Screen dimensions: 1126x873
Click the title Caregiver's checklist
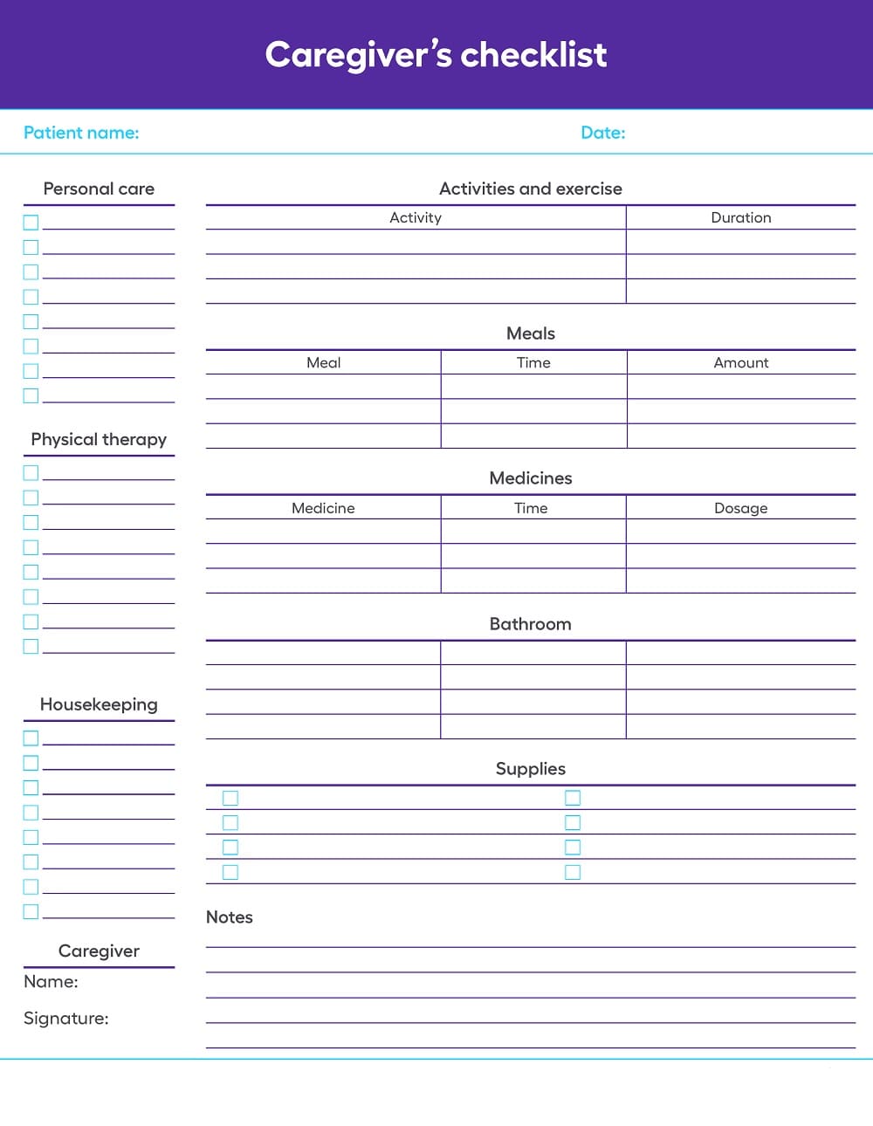coord(436,55)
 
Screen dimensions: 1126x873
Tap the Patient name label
coord(81,133)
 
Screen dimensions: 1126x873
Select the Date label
coord(603,133)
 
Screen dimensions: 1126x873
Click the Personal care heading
coord(99,189)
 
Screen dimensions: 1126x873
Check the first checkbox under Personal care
coord(31,223)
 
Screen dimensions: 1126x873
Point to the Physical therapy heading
coord(99,439)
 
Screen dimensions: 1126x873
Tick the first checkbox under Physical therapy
coord(31,473)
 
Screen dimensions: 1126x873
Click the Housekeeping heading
coord(99,704)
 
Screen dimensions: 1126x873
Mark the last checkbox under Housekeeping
coord(31,911)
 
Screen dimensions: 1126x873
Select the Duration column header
coord(741,217)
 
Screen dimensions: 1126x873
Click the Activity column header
coord(416,217)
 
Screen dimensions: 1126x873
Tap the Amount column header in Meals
coord(741,362)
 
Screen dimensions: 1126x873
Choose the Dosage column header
coord(741,508)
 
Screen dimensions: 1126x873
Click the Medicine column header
coord(323,508)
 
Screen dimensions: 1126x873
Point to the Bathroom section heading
coord(531,624)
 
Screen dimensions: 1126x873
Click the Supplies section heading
coord(531,769)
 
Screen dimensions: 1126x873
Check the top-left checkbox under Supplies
coord(230,798)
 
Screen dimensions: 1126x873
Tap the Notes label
coord(230,917)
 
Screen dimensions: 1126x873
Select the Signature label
coord(66,1019)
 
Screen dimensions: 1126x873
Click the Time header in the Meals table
coord(533,362)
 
